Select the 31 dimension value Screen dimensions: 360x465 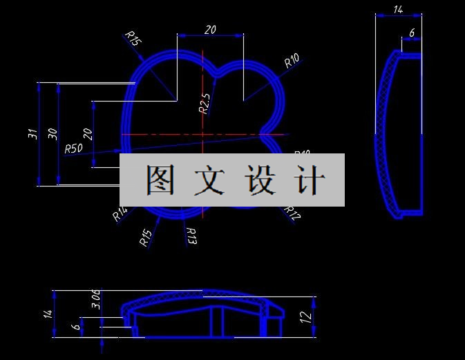tap(32, 134)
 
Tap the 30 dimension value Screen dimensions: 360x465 tap(53, 134)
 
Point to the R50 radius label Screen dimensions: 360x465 tap(73, 149)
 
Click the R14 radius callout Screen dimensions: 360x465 tap(120, 215)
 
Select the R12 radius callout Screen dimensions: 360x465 tap(292, 214)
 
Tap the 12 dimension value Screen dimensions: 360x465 tap(306, 317)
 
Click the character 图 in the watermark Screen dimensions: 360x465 tap(161, 180)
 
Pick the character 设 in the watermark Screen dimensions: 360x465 tap(260, 180)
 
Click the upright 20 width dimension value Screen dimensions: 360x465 tap(210, 29)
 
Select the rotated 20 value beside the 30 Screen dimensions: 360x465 tap(87, 134)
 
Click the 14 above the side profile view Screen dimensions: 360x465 tap(398, 10)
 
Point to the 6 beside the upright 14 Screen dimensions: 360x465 tap(412, 32)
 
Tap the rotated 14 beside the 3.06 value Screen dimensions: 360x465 tap(48, 313)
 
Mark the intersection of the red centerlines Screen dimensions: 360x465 tap(202, 134)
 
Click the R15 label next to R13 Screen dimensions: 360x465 tap(145, 238)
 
